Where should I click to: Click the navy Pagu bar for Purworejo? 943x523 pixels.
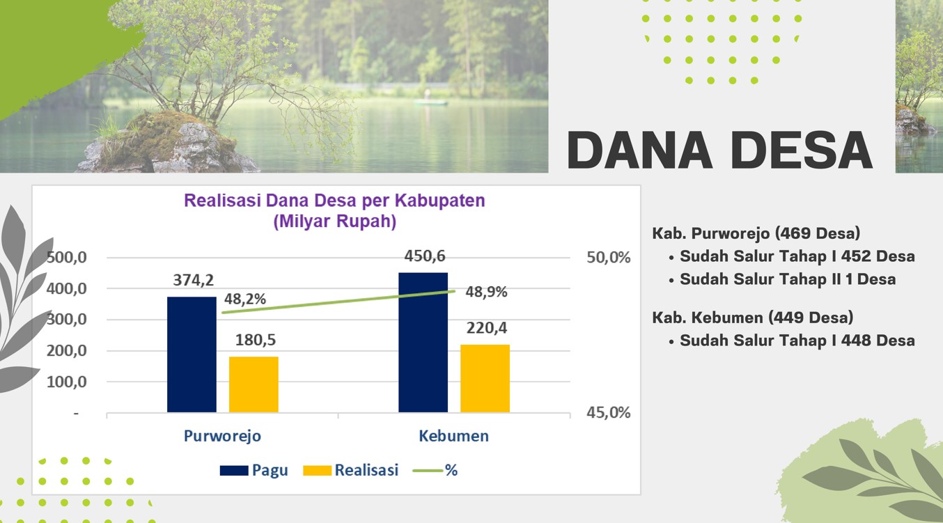[x=192, y=354]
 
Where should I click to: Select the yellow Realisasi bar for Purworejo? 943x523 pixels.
[x=254, y=384]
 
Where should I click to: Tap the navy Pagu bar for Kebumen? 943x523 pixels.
[x=423, y=343]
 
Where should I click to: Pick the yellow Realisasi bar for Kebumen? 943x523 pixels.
[x=485, y=379]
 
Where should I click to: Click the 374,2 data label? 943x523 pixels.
[x=194, y=280]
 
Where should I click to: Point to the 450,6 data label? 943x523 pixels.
[x=425, y=256]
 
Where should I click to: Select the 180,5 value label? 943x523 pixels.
[x=256, y=340]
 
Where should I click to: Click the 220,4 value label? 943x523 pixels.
[x=487, y=327]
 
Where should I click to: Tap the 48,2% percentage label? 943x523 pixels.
[x=245, y=299]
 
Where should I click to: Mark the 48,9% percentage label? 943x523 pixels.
[x=486, y=292]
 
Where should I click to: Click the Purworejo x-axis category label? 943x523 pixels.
[x=222, y=436]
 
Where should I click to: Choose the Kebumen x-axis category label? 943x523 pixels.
[x=454, y=436]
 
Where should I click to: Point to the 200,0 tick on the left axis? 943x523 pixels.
[x=67, y=350]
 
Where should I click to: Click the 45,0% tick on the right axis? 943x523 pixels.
[x=609, y=413]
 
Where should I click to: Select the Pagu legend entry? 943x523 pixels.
[x=254, y=470]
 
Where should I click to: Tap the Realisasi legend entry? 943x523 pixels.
[x=351, y=470]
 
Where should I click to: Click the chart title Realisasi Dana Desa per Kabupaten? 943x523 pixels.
[x=335, y=201]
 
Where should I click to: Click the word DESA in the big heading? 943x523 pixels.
[x=802, y=150]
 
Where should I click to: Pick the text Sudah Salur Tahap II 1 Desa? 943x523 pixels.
[x=788, y=279]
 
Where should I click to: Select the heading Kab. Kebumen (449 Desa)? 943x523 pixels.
[x=753, y=318]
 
